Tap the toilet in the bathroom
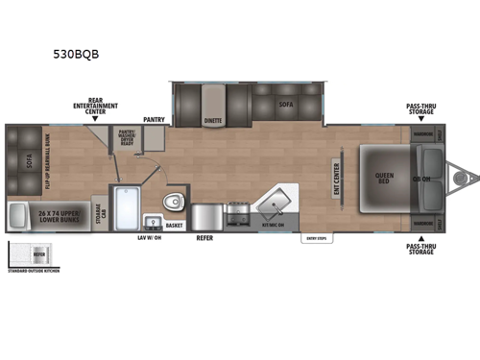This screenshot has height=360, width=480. (174, 203)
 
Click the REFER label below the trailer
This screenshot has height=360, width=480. (204, 237)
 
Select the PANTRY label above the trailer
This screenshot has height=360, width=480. (156, 119)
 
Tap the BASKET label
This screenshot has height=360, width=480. (175, 226)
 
